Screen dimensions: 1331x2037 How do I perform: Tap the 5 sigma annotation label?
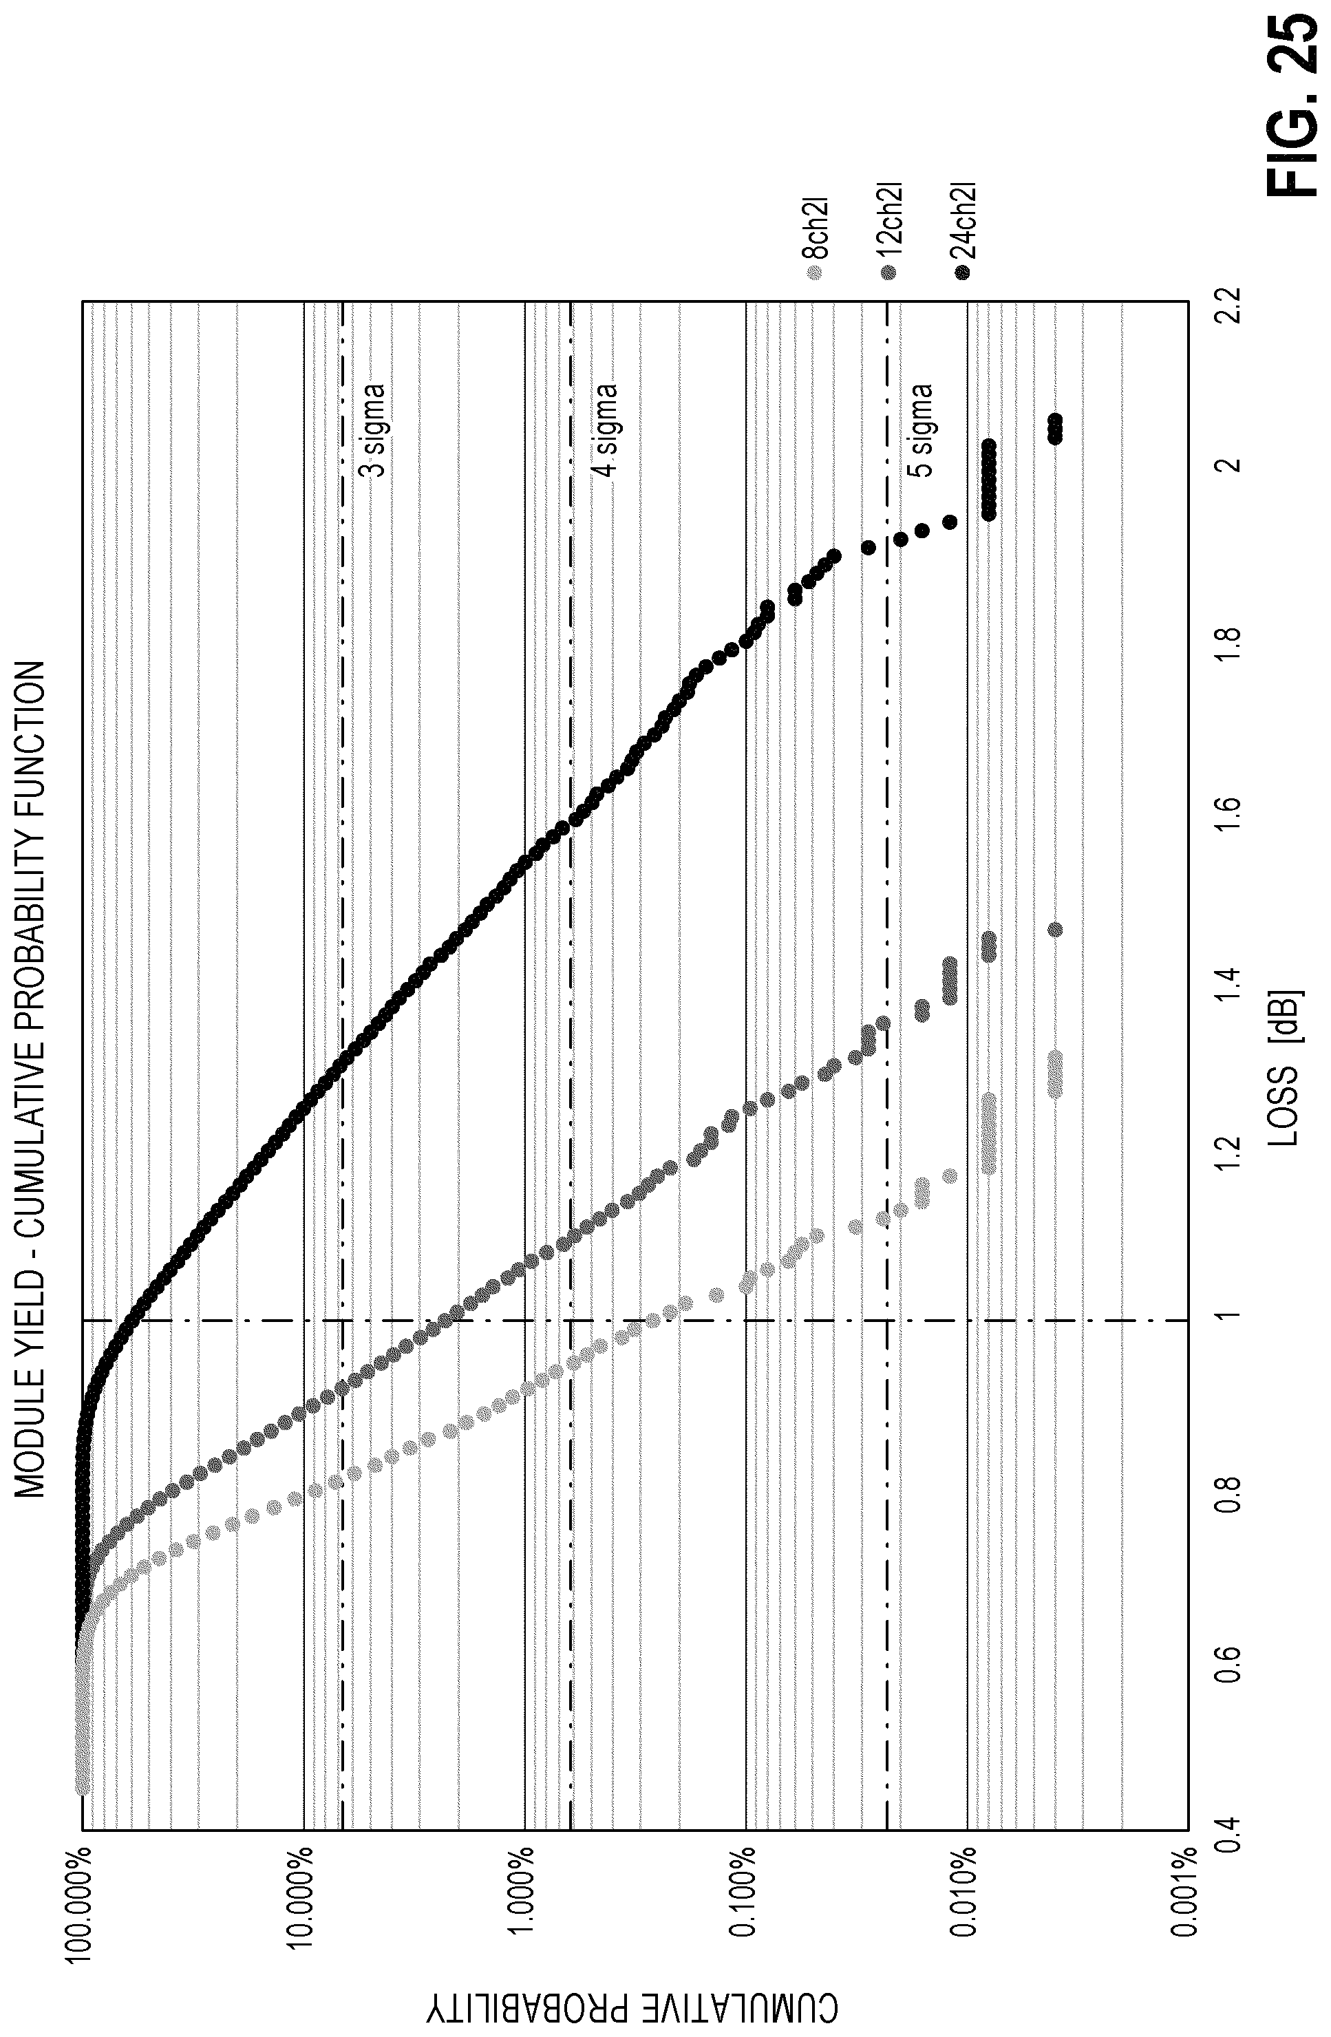coord(919,431)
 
